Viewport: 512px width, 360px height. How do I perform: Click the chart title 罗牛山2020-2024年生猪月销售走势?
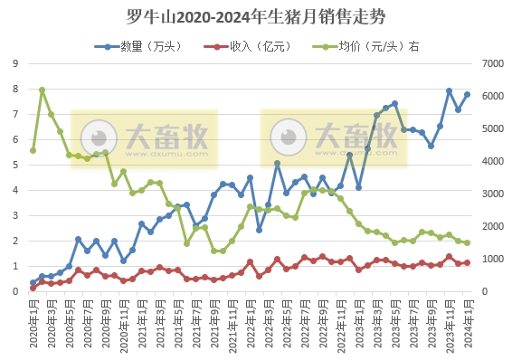(x=256, y=17)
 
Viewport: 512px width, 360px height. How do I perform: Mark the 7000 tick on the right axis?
(x=491, y=63)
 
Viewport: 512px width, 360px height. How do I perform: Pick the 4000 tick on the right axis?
(x=491, y=161)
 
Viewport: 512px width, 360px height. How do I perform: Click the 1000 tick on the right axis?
(x=491, y=259)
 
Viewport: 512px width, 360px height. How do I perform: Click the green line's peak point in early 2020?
(x=43, y=90)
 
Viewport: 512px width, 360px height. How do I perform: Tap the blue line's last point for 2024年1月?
(x=468, y=94)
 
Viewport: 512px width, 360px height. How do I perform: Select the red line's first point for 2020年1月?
(x=33, y=288)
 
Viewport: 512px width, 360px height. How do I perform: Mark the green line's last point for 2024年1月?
(x=468, y=242)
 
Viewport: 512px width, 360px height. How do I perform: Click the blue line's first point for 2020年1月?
(x=33, y=282)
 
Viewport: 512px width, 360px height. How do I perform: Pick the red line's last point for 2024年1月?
(x=468, y=263)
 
